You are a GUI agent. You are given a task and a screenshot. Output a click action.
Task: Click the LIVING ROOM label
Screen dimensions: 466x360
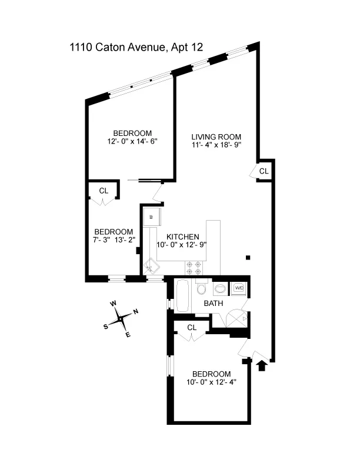(216, 136)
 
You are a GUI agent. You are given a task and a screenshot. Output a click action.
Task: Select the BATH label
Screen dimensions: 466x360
(212, 304)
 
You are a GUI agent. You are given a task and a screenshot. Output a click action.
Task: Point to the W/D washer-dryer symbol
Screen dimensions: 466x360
(239, 288)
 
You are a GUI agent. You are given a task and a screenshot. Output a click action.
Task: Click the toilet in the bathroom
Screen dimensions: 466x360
(201, 288)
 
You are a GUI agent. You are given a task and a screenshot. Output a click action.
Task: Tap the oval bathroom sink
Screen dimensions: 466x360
(219, 289)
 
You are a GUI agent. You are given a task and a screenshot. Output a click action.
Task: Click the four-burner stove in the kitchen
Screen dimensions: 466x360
(195, 268)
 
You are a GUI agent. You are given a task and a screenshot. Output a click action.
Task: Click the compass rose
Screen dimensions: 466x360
(121, 318)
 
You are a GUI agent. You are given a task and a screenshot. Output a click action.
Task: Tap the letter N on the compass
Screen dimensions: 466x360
(135, 312)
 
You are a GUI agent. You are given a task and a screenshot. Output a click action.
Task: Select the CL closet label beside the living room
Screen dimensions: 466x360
(264, 171)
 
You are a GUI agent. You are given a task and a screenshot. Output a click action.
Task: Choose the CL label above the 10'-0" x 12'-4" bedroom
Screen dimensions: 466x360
(192, 328)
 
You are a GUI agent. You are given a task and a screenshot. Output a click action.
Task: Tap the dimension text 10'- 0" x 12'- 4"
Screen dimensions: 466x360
(211, 383)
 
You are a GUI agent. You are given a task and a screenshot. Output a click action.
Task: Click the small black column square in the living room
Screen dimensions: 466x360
(248, 257)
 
